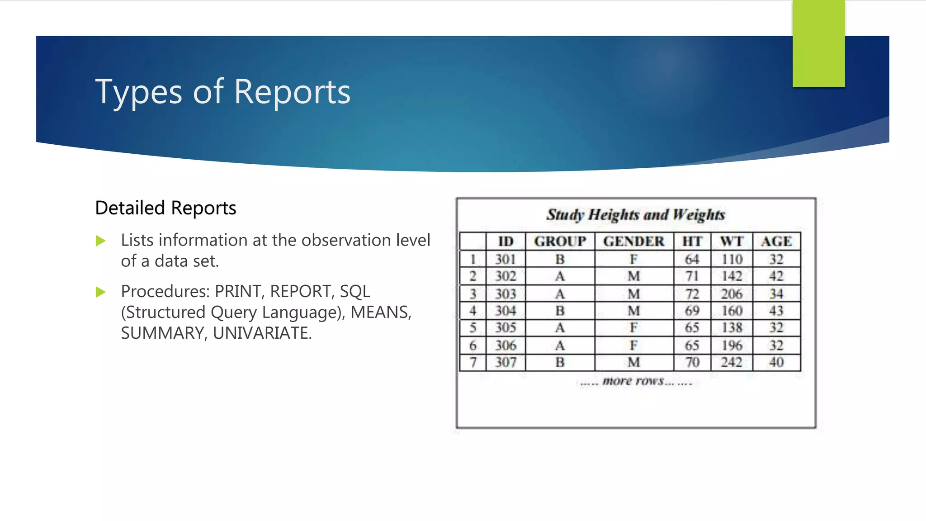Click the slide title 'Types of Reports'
222,92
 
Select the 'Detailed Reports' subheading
165,208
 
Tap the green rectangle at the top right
818,43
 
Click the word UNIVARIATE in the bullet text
262,333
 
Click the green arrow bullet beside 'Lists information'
100,241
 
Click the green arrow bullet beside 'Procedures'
100,292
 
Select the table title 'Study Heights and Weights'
635,215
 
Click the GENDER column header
633,242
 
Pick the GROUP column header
560,242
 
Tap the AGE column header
776,242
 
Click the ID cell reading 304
506,311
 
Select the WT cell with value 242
732,362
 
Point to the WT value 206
732,294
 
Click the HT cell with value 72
692,294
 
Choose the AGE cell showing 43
776,311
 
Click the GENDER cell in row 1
633,260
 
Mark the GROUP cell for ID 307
560,362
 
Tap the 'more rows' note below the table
635,381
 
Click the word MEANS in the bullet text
380,313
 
